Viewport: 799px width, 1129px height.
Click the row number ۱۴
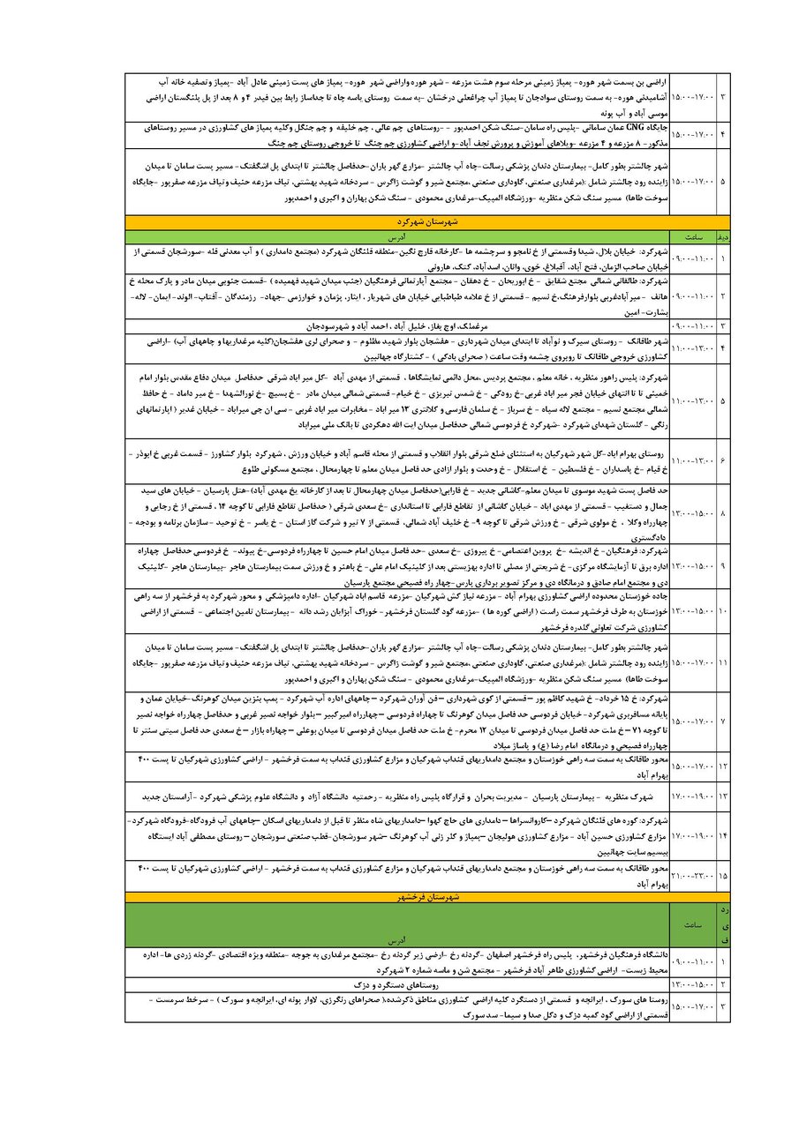[x=723, y=835]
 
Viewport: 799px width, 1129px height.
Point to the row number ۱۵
[x=723, y=876]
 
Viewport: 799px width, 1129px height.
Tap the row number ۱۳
[x=723, y=796]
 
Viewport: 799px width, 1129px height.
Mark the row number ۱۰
[x=723, y=610]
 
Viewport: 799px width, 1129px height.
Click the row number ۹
[x=723, y=565]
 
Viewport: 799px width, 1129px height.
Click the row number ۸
[x=723, y=512]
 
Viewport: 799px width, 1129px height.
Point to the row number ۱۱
[x=723, y=662]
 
